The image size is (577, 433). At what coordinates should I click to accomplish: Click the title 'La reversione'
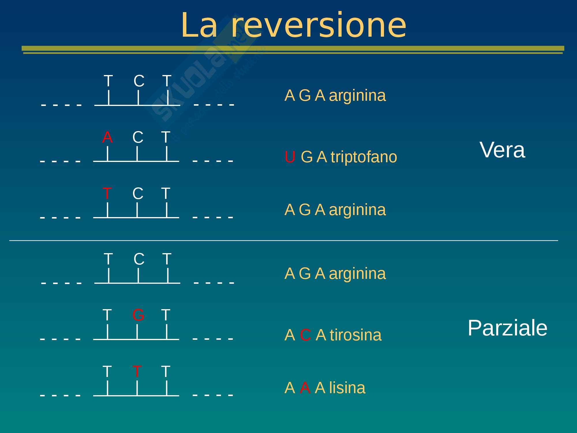tap(293, 25)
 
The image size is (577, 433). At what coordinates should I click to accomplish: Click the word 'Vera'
tap(502, 150)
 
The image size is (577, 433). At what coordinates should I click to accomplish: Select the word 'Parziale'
tap(507, 328)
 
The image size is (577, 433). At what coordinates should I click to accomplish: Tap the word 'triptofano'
tap(364, 157)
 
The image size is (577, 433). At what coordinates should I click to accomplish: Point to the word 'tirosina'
tap(355, 335)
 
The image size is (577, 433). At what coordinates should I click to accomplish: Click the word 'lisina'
tap(347, 388)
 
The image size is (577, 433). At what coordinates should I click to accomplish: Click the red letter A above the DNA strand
tap(107, 137)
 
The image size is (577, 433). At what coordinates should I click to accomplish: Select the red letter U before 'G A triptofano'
tap(290, 157)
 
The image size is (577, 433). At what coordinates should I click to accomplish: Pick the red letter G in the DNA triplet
tap(138, 315)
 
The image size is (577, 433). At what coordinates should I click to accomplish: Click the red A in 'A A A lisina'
tap(305, 388)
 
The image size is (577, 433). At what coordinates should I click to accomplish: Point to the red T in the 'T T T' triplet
tap(137, 372)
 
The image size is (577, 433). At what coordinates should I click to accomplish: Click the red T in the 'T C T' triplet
tap(107, 193)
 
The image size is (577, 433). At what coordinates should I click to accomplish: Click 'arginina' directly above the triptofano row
tap(357, 96)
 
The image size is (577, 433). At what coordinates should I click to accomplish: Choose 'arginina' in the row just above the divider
tap(357, 210)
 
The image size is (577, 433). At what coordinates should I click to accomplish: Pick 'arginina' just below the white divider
tap(357, 274)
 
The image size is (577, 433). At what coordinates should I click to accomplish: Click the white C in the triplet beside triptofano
tap(138, 137)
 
